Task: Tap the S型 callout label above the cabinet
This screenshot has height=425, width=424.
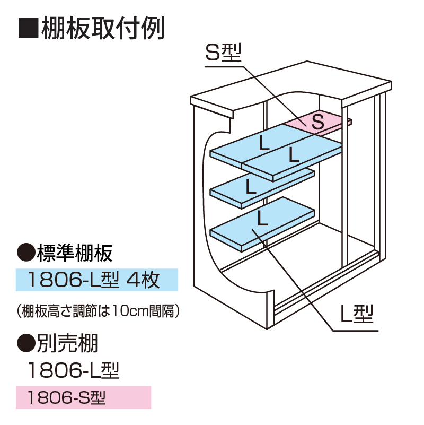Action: tap(223, 54)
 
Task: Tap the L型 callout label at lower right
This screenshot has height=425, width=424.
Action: tap(357, 316)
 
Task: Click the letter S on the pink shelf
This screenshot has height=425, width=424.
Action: tap(317, 122)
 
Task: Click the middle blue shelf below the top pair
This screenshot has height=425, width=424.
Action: tap(254, 186)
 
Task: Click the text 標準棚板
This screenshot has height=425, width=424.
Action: tap(74, 254)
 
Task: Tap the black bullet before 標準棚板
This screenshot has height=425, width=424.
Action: tap(25, 254)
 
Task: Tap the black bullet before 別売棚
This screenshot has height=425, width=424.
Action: tap(25, 344)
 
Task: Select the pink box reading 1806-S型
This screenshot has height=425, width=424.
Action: tap(84, 397)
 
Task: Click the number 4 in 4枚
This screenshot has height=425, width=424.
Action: tap(134, 280)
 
